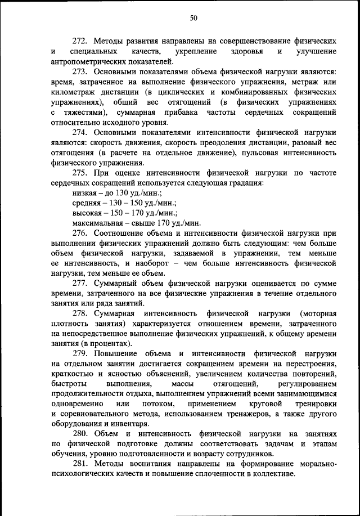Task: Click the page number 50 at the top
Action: click(x=193, y=18)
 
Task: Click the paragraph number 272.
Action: click(x=80, y=42)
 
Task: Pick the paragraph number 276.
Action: click(x=80, y=233)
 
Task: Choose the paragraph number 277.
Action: click(x=80, y=284)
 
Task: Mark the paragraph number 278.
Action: click(x=80, y=314)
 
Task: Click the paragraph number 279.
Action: click(x=80, y=354)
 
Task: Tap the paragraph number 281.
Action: click(x=80, y=465)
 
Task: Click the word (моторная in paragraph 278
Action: click(x=318, y=314)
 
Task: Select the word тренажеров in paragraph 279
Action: click(x=243, y=415)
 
